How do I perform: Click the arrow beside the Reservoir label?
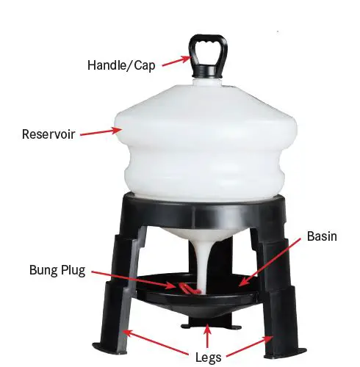[x=101, y=133]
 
